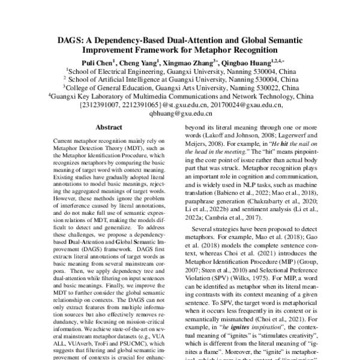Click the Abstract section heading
tap(109, 127)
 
